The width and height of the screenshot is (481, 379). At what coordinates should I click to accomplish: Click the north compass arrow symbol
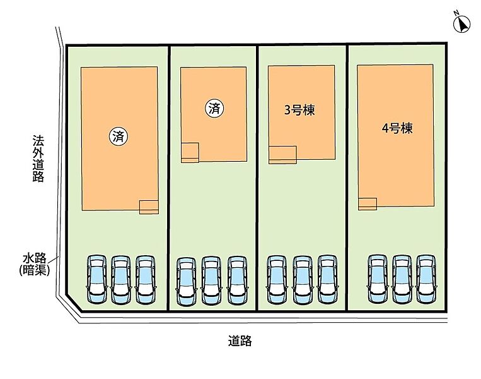pyautogui.click(x=462, y=23)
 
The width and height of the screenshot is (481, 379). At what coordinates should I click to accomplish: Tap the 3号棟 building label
pyautogui.click(x=299, y=110)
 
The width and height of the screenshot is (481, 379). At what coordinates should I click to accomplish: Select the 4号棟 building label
pyautogui.click(x=397, y=128)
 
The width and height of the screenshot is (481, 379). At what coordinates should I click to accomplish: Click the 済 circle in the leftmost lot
pyautogui.click(x=119, y=135)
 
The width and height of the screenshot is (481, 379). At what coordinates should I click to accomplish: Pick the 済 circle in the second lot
pyautogui.click(x=215, y=108)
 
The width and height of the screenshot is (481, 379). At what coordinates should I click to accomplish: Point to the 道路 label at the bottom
pyautogui.click(x=240, y=341)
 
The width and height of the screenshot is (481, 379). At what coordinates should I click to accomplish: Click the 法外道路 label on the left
pyautogui.click(x=38, y=158)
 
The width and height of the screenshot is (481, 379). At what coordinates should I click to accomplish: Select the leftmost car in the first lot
pyautogui.click(x=97, y=280)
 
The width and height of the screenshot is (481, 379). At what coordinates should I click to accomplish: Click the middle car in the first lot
pyautogui.click(x=121, y=280)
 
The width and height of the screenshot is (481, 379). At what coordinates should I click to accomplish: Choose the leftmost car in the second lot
pyautogui.click(x=187, y=281)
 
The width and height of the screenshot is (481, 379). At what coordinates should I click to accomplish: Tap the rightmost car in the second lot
pyautogui.click(x=237, y=281)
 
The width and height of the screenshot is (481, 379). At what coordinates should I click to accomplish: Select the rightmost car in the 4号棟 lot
pyautogui.click(x=426, y=280)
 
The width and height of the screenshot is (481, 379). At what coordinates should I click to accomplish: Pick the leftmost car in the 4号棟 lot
pyautogui.click(x=377, y=280)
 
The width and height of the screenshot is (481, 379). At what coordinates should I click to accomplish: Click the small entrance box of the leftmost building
pyautogui.click(x=149, y=207)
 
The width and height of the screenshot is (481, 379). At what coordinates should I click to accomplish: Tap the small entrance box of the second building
pyautogui.click(x=190, y=152)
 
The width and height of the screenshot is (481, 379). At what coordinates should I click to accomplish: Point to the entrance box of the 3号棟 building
pyautogui.click(x=282, y=155)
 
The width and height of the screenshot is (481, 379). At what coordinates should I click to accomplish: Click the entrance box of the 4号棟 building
pyautogui.click(x=368, y=204)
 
